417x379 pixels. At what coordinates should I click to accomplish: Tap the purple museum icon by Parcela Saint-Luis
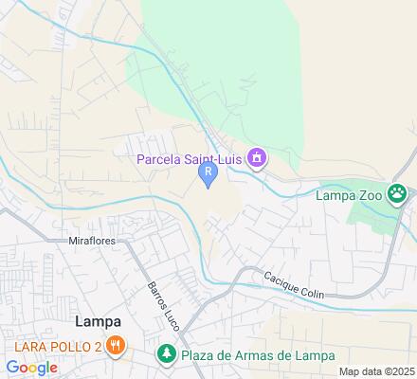point(256,158)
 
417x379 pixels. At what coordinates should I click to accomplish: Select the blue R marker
point(208,173)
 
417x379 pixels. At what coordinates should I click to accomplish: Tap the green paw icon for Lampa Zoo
point(398,195)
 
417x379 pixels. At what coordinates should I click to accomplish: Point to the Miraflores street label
point(92,241)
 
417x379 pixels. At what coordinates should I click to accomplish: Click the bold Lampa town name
point(98,321)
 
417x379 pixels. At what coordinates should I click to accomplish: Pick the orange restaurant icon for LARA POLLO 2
point(115,346)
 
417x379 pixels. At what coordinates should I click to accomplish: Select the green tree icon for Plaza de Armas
point(166,355)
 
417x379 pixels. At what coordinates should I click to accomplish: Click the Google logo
point(32,368)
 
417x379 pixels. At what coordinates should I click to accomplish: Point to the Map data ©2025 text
point(377,370)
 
